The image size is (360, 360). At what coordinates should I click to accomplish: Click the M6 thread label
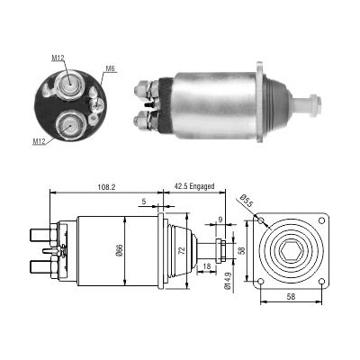pos(110,68)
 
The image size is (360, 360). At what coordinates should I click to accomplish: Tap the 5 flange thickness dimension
pos(144,202)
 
